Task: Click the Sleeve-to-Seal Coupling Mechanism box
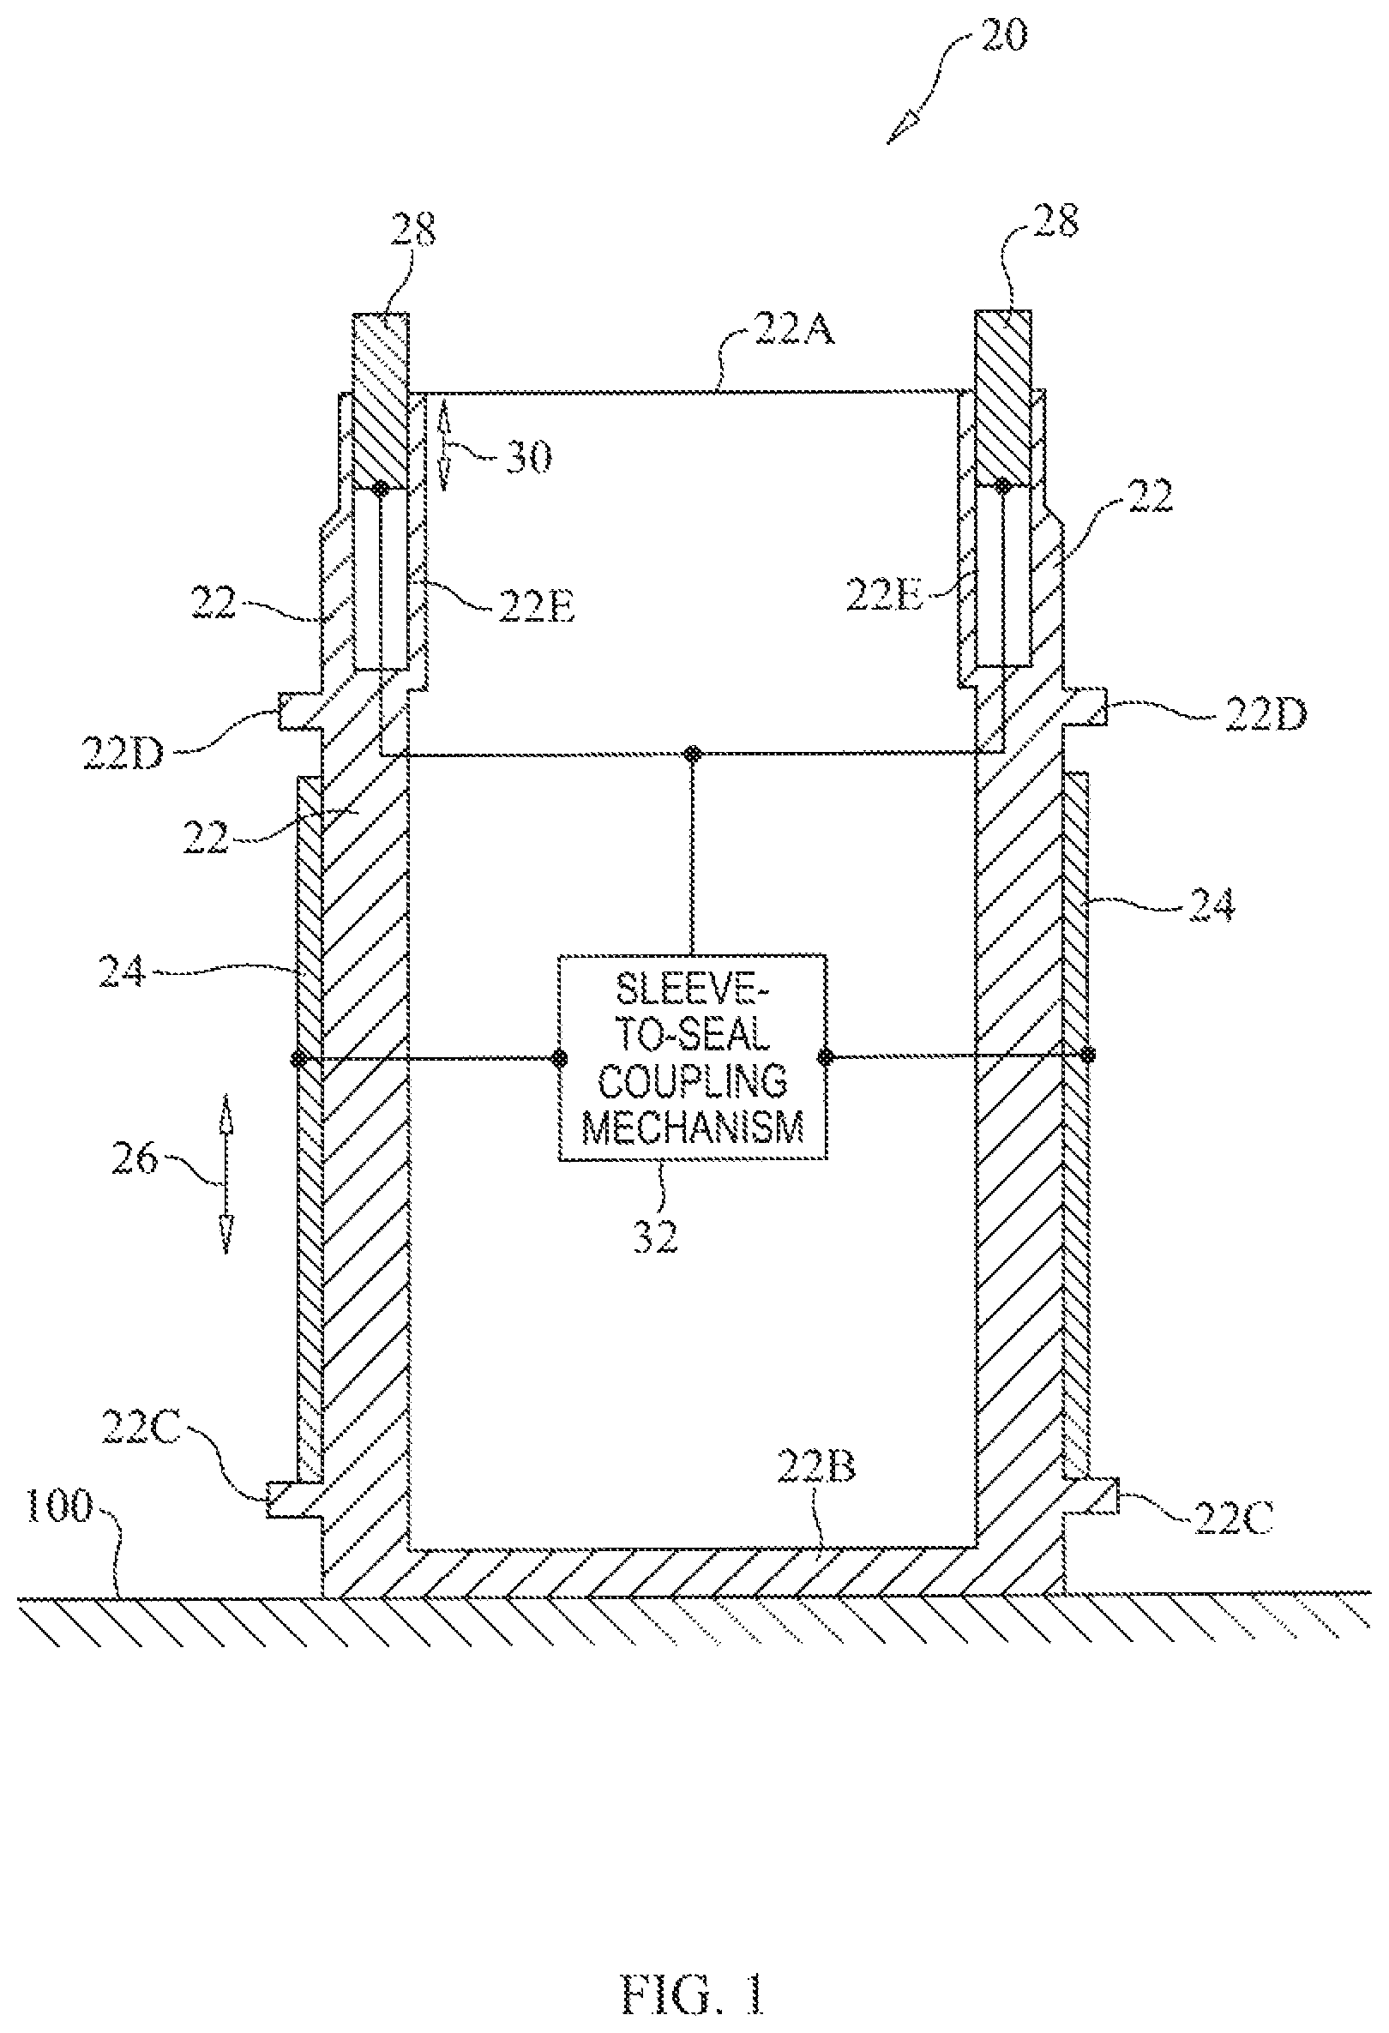(693, 1056)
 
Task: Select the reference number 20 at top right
(1002, 36)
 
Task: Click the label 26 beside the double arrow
(134, 1159)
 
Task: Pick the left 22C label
(141, 1429)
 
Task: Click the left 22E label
(536, 609)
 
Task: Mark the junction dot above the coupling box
(693, 752)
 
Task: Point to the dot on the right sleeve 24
(1087, 1055)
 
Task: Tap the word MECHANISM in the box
(693, 1128)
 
